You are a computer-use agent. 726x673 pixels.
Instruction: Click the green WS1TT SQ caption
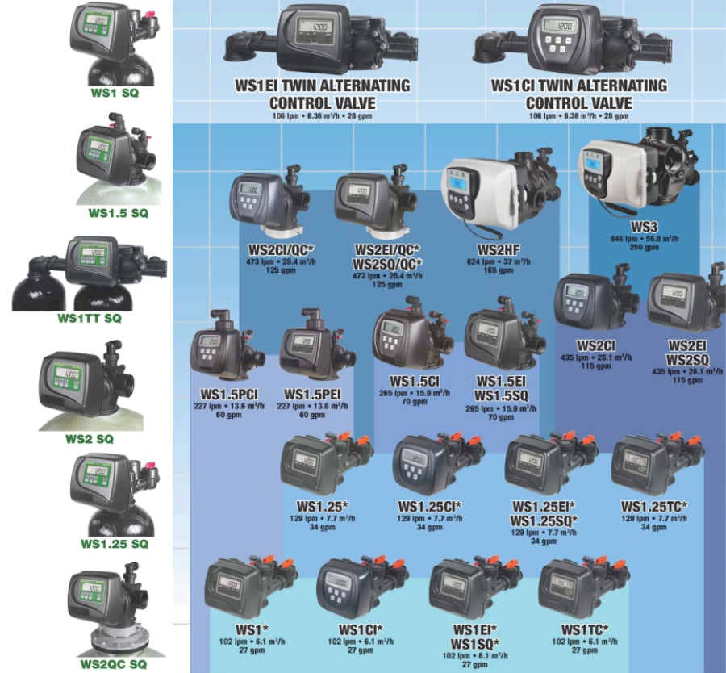click(89, 318)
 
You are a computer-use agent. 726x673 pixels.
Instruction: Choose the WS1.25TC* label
click(653, 506)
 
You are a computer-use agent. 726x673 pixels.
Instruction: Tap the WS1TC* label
click(584, 629)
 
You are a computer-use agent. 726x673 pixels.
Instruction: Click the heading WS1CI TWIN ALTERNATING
click(578, 86)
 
